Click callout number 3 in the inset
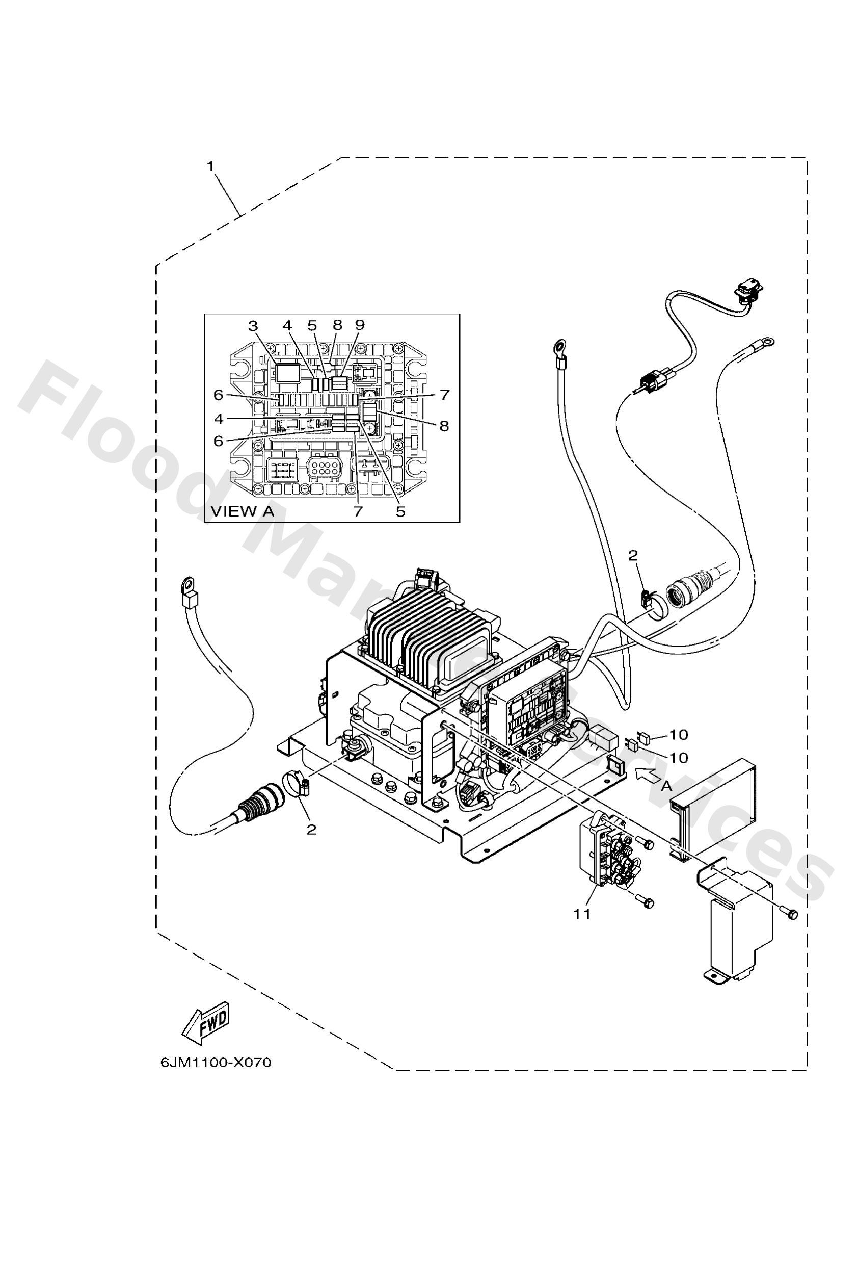[252, 326]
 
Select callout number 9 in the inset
[359, 325]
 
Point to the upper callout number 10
[679, 735]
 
